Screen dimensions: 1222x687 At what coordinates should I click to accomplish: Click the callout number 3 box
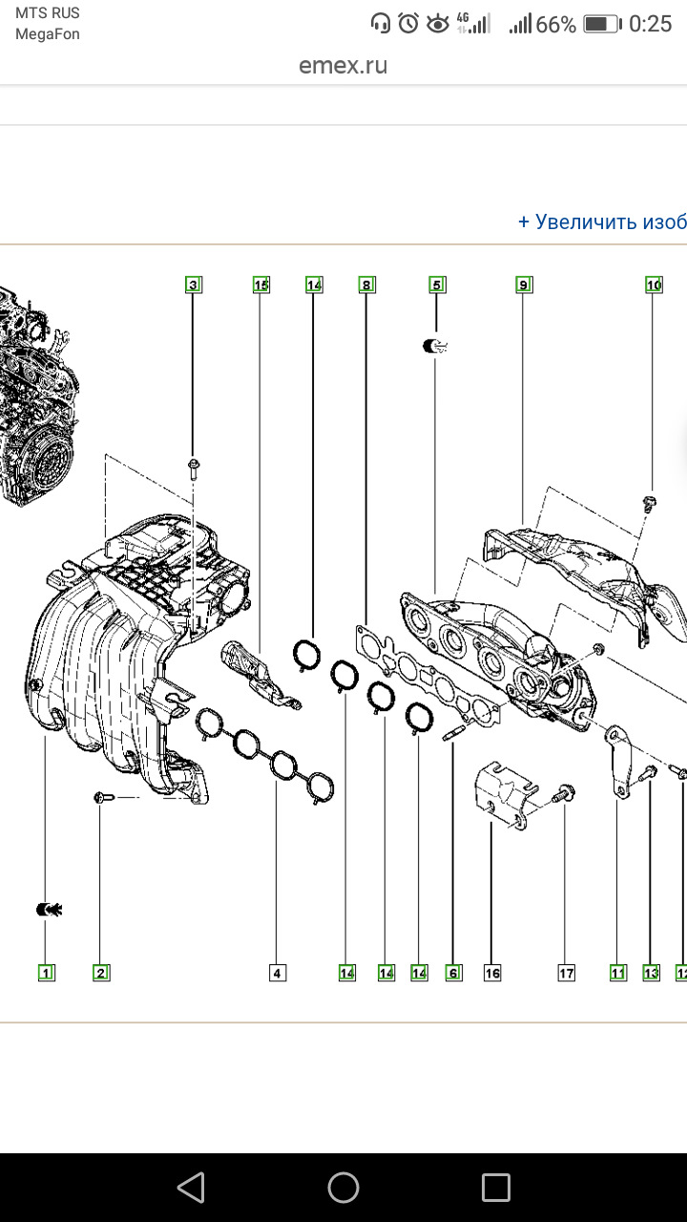click(194, 284)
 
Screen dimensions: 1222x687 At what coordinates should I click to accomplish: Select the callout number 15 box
click(260, 284)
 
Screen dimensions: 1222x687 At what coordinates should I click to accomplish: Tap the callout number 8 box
click(366, 284)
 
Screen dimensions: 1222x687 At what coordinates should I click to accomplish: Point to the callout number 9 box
click(523, 284)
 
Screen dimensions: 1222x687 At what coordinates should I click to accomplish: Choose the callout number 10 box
click(654, 284)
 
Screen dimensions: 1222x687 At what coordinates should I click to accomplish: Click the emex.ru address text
click(343, 66)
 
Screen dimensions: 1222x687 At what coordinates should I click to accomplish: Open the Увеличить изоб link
click(602, 221)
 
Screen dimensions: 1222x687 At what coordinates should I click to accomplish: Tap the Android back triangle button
click(191, 1188)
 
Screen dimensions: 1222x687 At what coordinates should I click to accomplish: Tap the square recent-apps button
click(496, 1188)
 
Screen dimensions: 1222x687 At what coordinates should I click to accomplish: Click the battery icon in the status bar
click(601, 24)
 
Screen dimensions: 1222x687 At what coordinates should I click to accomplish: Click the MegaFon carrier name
click(48, 34)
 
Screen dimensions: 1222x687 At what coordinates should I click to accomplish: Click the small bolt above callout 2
click(103, 796)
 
